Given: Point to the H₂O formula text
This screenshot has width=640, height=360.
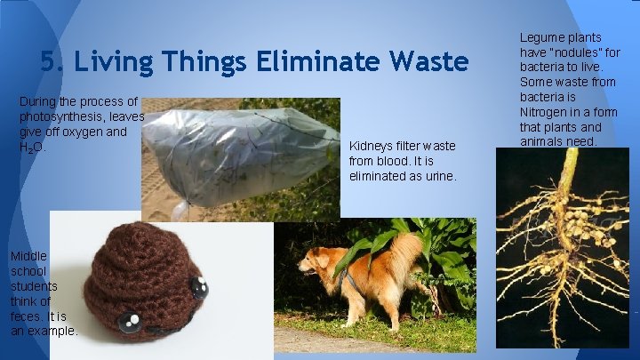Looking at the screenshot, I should click(31, 148).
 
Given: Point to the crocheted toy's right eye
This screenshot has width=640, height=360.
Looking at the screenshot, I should click(199, 287).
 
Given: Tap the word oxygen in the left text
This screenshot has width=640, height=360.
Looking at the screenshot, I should click(86, 132).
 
